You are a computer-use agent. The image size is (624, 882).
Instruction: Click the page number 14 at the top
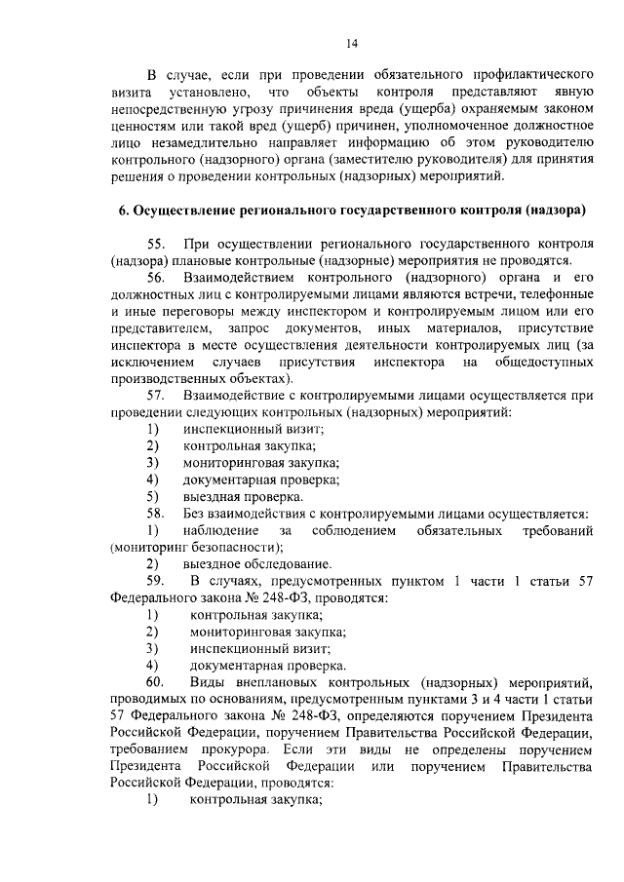tap(352, 43)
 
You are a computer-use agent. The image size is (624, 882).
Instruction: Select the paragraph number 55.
tap(158, 244)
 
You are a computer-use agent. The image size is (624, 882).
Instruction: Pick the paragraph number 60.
tap(158, 681)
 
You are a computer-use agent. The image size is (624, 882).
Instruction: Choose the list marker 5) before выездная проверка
tap(153, 496)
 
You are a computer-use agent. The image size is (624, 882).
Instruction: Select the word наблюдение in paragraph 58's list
tap(220, 529)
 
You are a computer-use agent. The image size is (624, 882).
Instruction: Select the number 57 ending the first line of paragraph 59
tap(584, 581)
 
